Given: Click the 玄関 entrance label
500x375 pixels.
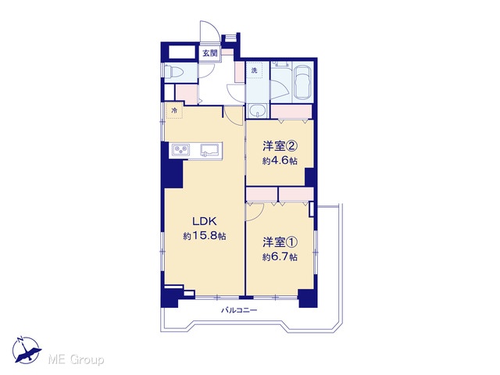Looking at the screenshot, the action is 210,53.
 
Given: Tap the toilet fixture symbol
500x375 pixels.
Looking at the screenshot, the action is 173,72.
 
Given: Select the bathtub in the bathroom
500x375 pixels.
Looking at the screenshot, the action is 303,82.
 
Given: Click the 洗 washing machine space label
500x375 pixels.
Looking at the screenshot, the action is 254,70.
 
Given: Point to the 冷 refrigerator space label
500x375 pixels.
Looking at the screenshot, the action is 174,111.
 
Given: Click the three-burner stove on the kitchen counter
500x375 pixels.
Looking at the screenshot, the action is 180,149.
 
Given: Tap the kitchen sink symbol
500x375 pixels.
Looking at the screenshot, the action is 209,149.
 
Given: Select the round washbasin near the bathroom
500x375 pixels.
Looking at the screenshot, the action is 257,111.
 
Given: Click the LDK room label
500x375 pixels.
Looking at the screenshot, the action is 204,220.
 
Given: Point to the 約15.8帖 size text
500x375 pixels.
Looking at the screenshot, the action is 205,236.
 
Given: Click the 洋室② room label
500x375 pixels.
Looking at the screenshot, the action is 280,146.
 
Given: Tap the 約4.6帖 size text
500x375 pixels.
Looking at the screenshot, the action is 280,161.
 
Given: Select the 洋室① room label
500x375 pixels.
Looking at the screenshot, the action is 280,243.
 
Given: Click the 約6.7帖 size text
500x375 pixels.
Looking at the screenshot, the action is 280,257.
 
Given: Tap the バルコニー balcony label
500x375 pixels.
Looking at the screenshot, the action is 239,310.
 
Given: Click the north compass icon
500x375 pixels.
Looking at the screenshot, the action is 26,350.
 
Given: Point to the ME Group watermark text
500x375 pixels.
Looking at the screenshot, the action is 76,360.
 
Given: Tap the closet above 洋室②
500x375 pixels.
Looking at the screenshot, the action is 291,112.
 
